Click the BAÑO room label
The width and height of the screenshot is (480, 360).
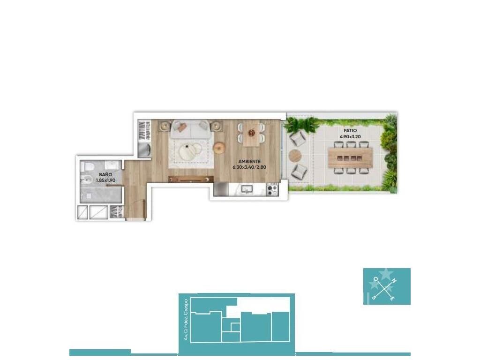(105, 174)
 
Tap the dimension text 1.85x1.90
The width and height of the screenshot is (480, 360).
(105, 180)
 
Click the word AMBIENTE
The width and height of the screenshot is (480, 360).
(249, 161)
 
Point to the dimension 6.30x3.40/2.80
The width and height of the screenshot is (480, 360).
(249, 167)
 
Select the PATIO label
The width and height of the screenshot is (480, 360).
(350, 131)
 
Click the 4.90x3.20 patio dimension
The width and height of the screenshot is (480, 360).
(350, 137)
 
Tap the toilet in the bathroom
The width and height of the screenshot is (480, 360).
(88, 166)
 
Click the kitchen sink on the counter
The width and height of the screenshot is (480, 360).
(247, 189)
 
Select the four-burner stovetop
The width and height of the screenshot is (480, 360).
(272, 189)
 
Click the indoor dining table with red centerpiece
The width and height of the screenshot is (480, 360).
(252, 134)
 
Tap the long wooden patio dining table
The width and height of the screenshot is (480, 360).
(350, 158)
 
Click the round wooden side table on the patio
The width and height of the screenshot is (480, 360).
(295, 156)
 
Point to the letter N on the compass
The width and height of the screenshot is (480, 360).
(395, 280)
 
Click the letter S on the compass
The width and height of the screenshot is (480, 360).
(374, 297)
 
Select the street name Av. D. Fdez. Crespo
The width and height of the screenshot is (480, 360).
(185, 320)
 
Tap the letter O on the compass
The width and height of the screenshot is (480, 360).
(375, 279)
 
